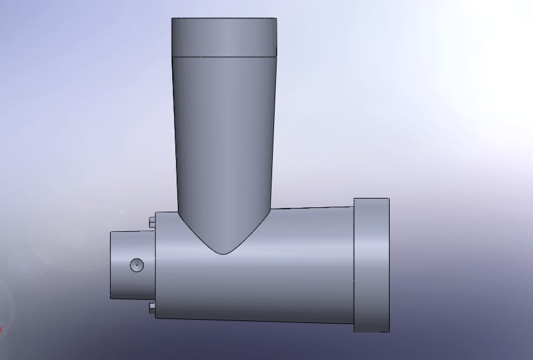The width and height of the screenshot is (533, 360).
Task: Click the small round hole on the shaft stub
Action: tap(136, 265)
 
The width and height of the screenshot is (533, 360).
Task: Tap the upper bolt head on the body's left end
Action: tap(153, 221)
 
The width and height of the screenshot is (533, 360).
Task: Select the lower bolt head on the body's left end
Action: tap(153, 307)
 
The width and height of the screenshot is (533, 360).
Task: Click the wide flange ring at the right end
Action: tap(371, 265)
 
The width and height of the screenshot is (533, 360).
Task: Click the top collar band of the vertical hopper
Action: tap(224, 37)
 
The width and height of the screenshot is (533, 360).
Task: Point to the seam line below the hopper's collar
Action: tap(224, 57)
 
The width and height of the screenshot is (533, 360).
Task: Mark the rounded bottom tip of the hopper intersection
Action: tap(223, 254)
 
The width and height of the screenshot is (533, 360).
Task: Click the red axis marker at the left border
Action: tap(1, 329)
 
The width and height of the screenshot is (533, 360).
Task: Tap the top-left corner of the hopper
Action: tap(172, 19)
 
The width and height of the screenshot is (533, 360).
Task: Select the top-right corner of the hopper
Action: tap(276, 19)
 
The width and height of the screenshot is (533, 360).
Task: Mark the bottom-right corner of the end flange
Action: tap(389, 331)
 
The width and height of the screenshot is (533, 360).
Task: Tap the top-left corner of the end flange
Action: tap(354, 199)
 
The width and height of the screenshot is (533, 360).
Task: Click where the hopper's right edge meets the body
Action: tap(271, 209)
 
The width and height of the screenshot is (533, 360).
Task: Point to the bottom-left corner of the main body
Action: tap(156, 317)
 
